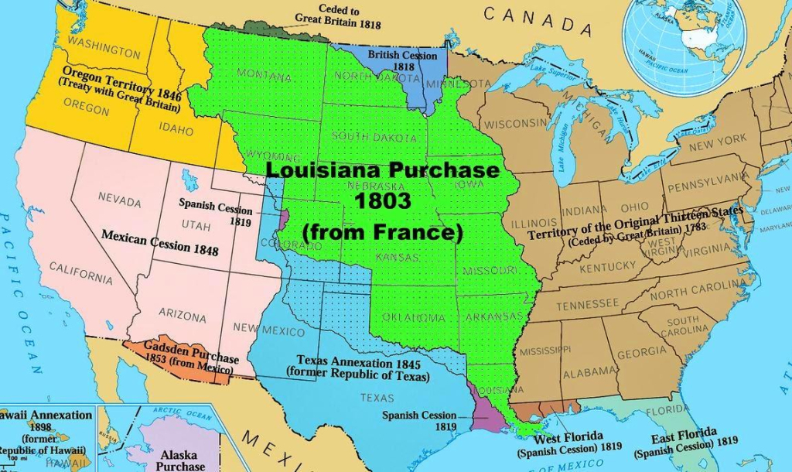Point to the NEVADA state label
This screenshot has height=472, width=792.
tap(119, 200)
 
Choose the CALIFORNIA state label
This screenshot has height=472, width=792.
tap(80, 272)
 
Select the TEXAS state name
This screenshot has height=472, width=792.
tap(377, 398)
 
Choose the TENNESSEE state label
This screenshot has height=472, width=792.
tap(587, 305)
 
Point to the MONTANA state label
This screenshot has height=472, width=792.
tap(265, 75)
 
